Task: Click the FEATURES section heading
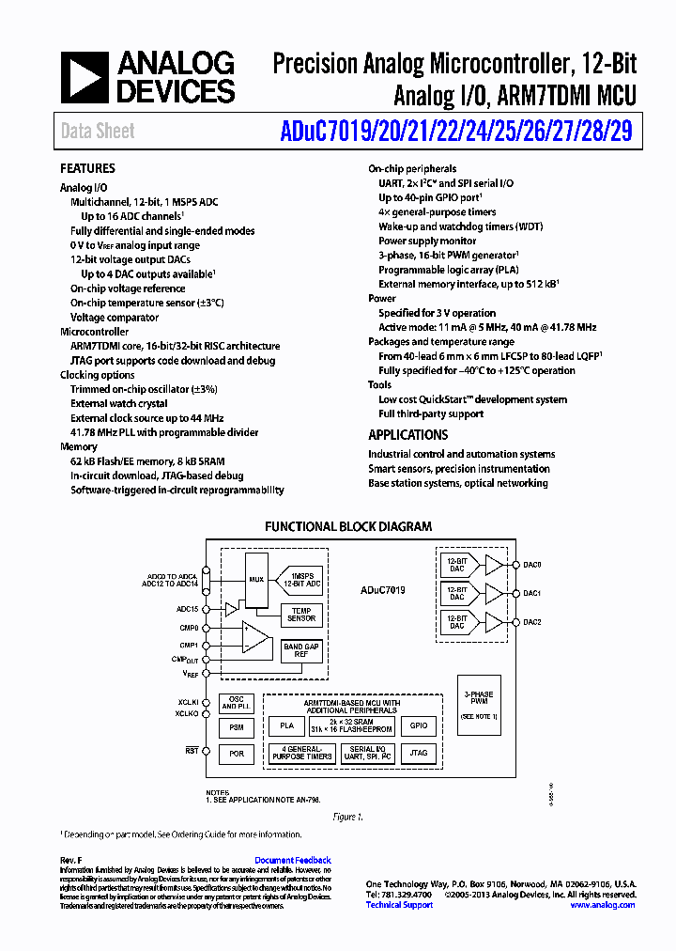coord(87,168)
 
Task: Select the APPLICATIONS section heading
coord(407,435)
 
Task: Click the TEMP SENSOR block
coord(301,615)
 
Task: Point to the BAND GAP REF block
coord(301,650)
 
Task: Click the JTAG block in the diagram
coord(419,753)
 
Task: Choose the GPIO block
coord(419,725)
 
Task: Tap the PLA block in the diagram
coord(287,725)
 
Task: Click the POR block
coord(237,754)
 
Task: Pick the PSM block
coord(237,727)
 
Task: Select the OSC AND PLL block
coord(237,704)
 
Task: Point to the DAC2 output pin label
coord(532,622)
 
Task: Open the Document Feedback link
coord(293,860)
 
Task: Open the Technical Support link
coord(399,905)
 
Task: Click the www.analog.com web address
coord(602,905)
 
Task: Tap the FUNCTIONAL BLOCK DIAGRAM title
coord(348,527)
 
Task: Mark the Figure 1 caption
coord(347,817)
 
